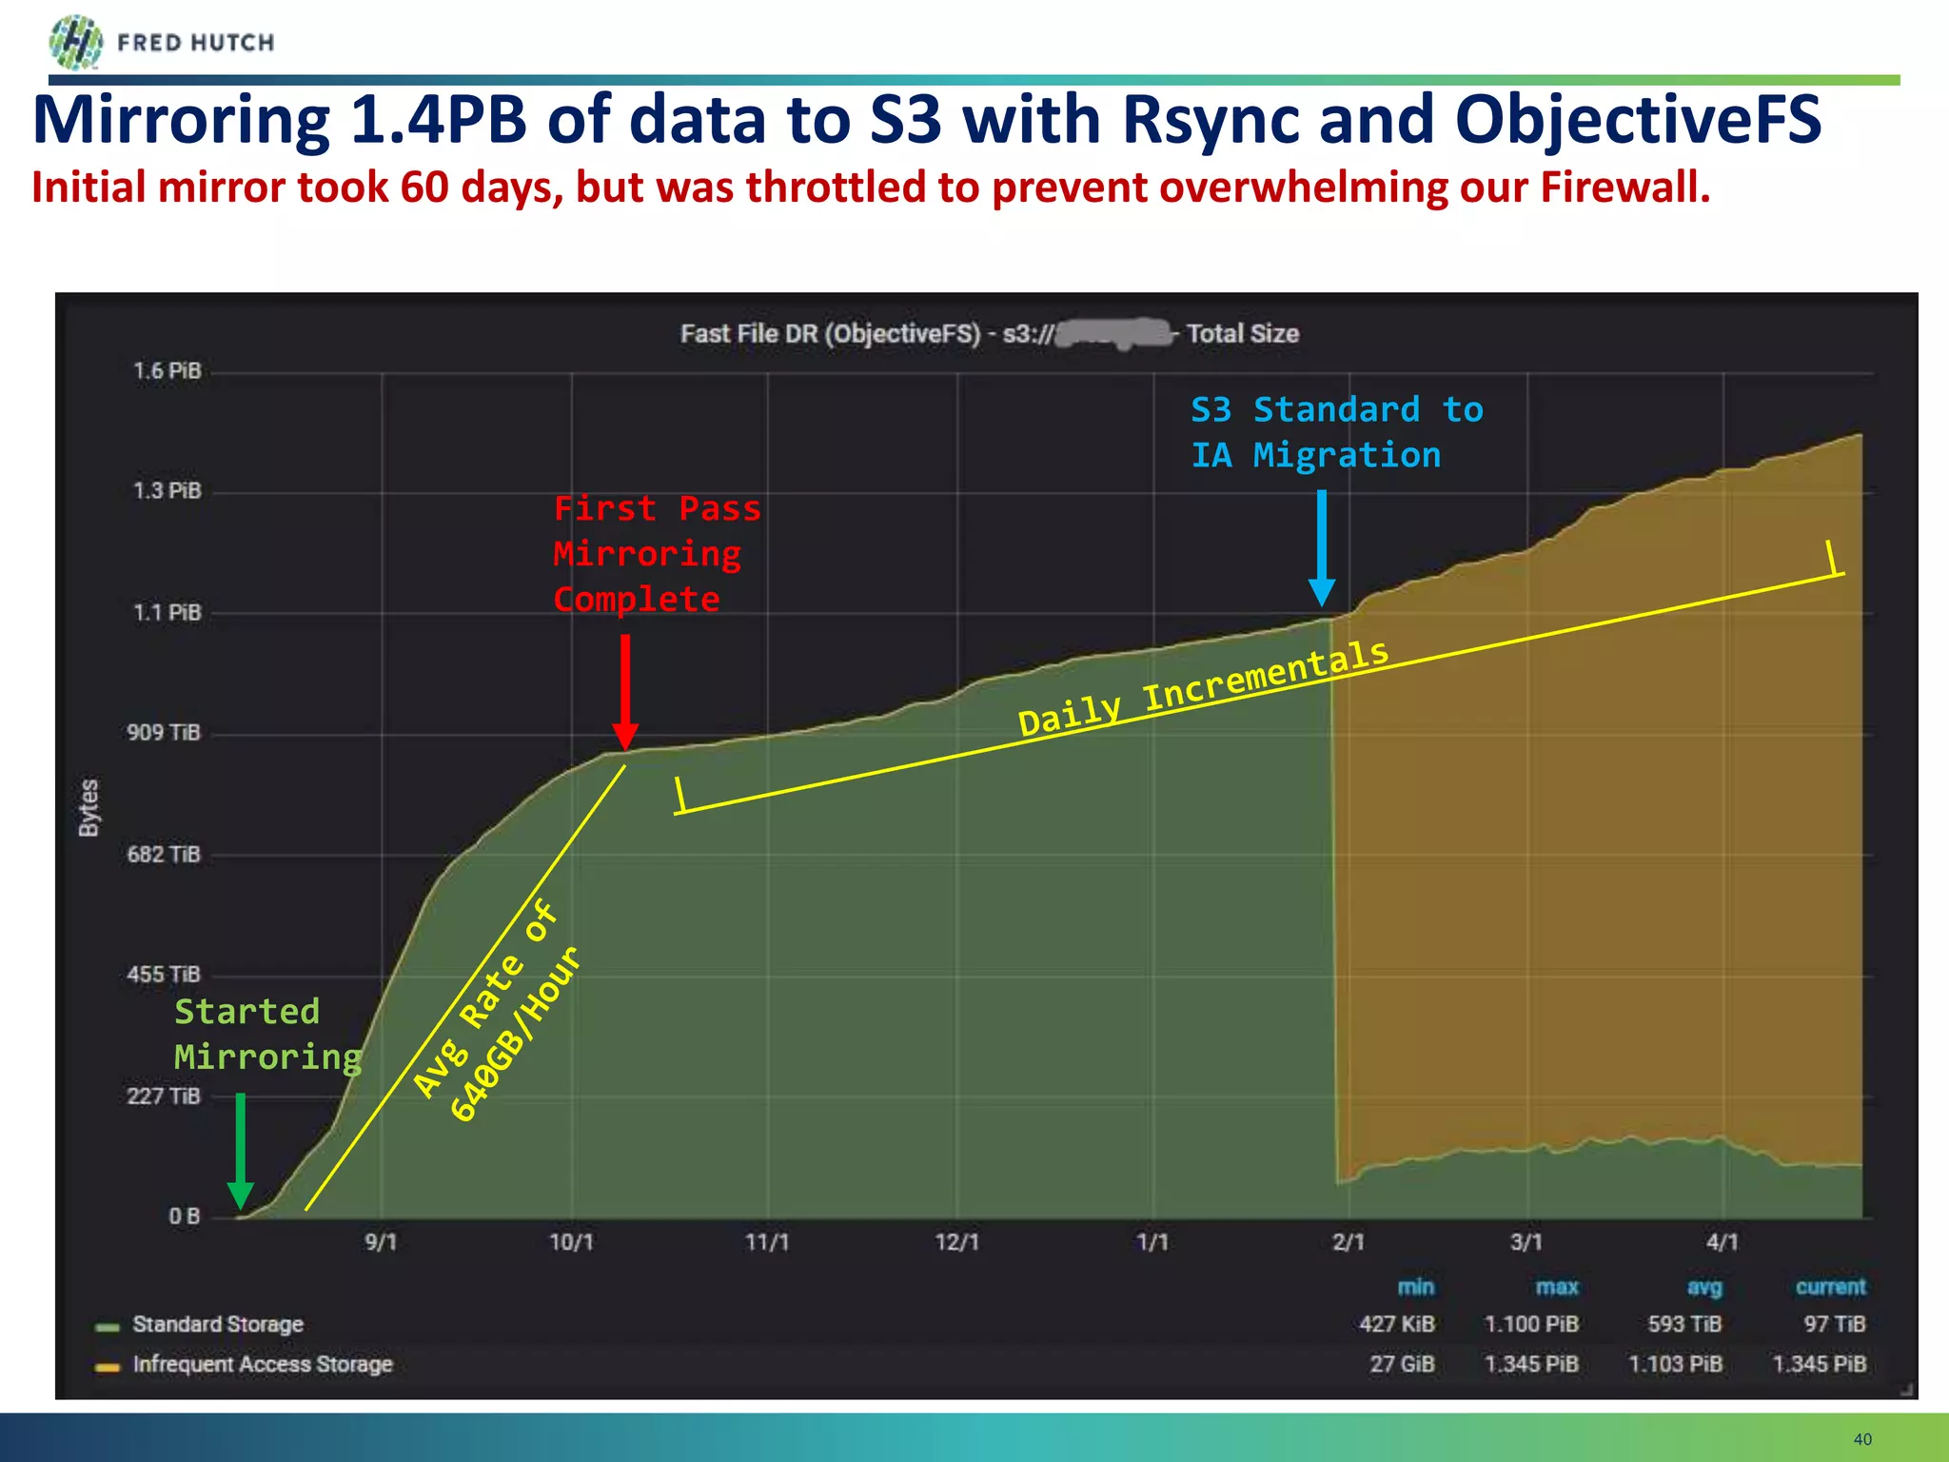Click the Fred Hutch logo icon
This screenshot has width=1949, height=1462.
click(x=75, y=42)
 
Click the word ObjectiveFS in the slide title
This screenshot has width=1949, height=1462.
click(x=1637, y=121)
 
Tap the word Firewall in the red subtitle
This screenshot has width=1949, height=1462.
click(x=1624, y=188)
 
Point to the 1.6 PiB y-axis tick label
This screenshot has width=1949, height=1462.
click(x=167, y=371)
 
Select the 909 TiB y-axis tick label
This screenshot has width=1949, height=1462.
click(x=164, y=733)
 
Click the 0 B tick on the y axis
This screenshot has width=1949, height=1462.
click(x=185, y=1216)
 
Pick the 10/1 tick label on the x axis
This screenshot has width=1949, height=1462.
click(x=571, y=1243)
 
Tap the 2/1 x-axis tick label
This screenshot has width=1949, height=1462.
click(x=1348, y=1243)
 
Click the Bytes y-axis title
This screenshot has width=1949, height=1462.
click(x=89, y=807)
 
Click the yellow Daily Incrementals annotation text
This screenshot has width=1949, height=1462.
click(x=1203, y=687)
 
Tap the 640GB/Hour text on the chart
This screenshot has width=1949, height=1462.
click(x=515, y=1035)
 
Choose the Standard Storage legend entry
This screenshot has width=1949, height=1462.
click(x=217, y=1325)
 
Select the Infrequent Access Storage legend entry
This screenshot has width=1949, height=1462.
click(x=262, y=1365)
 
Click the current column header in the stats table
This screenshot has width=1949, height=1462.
click(x=1830, y=1287)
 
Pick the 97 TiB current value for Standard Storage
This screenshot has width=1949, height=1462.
click(x=1834, y=1325)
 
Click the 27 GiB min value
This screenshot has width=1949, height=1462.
click(x=1401, y=1365)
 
